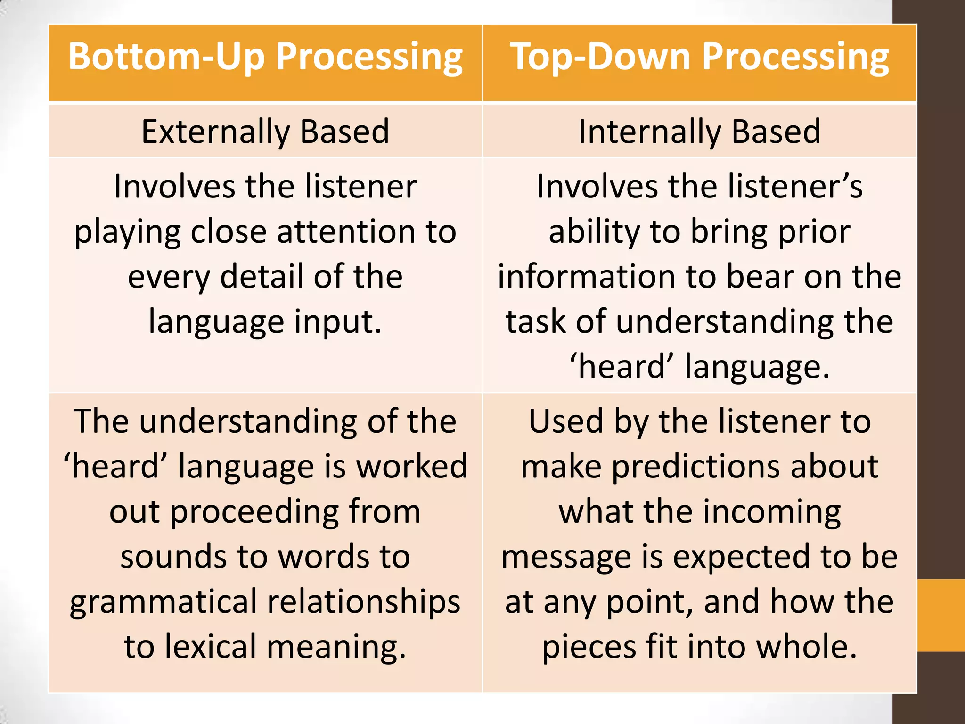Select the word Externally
215,132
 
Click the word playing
127,232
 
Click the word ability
594,232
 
